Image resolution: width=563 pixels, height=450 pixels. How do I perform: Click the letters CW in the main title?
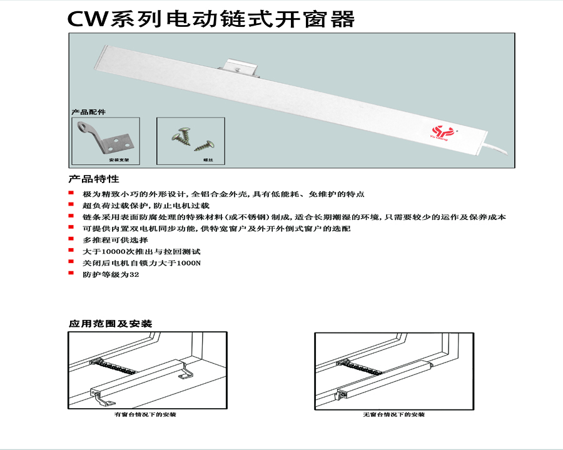87,19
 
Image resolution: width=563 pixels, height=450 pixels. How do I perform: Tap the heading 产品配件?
88,112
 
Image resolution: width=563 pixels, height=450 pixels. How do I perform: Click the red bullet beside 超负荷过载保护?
71,205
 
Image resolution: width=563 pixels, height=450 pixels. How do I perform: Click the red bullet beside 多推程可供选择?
71,239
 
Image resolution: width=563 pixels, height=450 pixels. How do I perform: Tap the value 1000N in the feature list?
190,262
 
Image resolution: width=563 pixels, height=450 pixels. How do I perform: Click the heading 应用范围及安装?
110,324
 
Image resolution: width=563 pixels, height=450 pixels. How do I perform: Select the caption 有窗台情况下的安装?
145,414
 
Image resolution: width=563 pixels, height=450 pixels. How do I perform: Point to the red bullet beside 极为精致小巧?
71,194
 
